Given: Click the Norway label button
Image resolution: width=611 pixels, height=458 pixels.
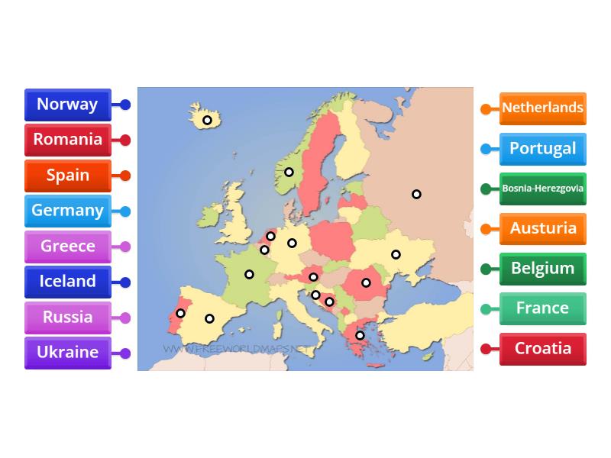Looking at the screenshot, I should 67,105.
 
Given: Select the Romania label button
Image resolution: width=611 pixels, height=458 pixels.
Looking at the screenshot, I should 67,140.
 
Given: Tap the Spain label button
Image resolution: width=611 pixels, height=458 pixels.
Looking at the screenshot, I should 67,175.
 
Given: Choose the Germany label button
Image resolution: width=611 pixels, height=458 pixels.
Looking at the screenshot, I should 67,211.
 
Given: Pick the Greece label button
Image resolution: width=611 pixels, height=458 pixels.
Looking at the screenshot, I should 67,246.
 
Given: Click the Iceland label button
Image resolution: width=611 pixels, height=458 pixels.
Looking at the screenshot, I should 67,281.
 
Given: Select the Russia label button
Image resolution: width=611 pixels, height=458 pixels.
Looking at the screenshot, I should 67,317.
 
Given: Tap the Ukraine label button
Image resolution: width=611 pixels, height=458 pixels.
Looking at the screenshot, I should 67,352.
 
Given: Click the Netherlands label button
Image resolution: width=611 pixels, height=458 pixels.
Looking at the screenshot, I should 542,108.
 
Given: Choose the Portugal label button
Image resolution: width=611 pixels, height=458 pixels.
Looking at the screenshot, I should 542,148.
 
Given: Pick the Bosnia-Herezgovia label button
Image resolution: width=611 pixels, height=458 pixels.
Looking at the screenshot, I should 542,189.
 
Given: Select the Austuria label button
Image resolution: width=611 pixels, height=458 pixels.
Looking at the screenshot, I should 542,228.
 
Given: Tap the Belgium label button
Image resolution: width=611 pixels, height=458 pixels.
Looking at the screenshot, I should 542,269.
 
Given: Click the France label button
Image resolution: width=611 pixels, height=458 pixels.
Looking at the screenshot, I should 542,308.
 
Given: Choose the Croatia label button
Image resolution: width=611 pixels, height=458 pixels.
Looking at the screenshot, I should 542,349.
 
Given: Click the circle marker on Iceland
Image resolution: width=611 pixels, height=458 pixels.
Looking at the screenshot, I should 207,120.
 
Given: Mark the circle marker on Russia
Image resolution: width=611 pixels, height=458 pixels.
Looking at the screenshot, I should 416,194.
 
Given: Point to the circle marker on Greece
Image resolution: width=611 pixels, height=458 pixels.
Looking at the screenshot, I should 360,335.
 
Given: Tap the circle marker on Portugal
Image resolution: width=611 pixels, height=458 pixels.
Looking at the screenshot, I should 181,313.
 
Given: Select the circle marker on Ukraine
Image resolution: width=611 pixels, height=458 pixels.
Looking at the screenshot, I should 396,254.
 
